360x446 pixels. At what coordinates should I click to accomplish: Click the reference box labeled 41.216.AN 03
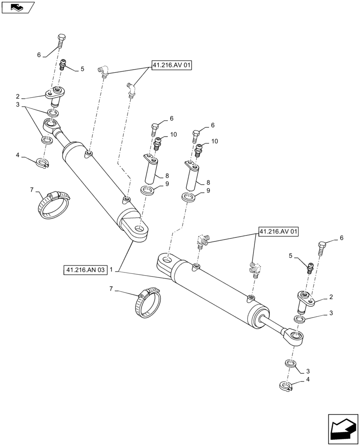coord(86,270)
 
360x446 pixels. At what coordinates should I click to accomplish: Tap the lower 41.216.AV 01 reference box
coord(279,231)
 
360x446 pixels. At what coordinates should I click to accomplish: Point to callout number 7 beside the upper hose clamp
coord(32,190)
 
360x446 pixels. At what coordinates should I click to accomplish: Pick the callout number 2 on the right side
coord(331,297)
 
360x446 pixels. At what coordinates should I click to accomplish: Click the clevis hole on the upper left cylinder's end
coord(141,230)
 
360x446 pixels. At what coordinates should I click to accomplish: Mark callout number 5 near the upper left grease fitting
coord(82,69)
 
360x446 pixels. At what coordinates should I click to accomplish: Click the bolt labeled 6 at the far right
coord(323,248)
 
